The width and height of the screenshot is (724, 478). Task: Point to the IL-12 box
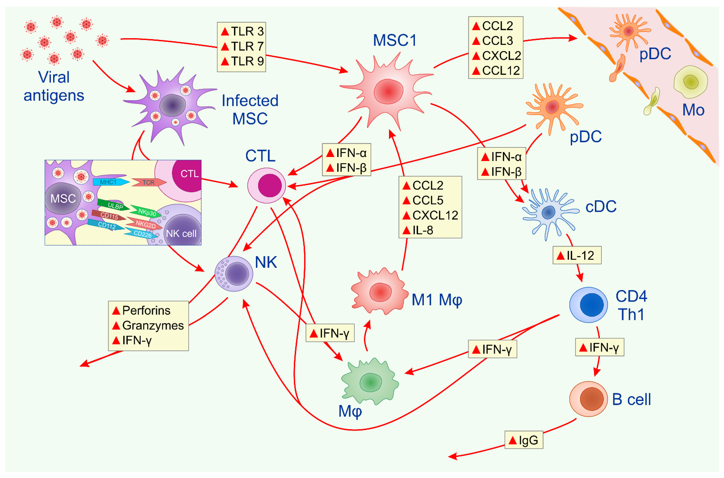pyautogui.click(x=577, y=255)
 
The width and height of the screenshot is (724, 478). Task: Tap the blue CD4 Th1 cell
pyautogui.click(x=588, y=305)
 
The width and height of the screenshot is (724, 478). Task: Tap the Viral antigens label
pyautogui.click(x=54, y=86)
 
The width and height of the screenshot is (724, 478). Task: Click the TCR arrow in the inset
pyautogui.click(x=149, y=182)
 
